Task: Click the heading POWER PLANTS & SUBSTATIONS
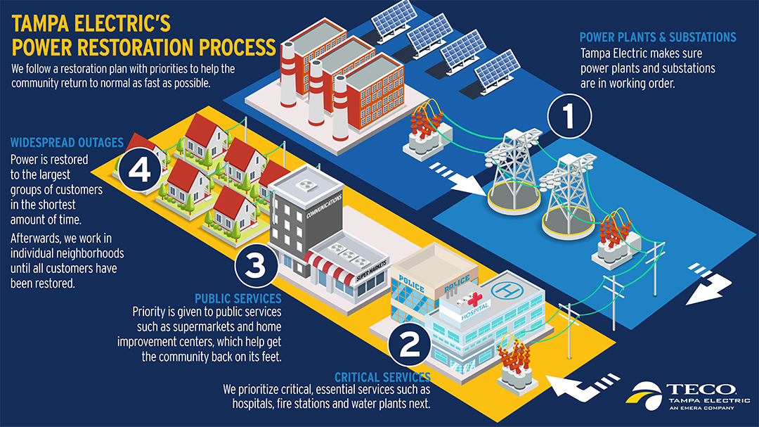[657, 37]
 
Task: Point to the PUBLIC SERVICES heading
[238, 298]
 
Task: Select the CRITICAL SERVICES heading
[382, 377]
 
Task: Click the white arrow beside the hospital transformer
[574, 383]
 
